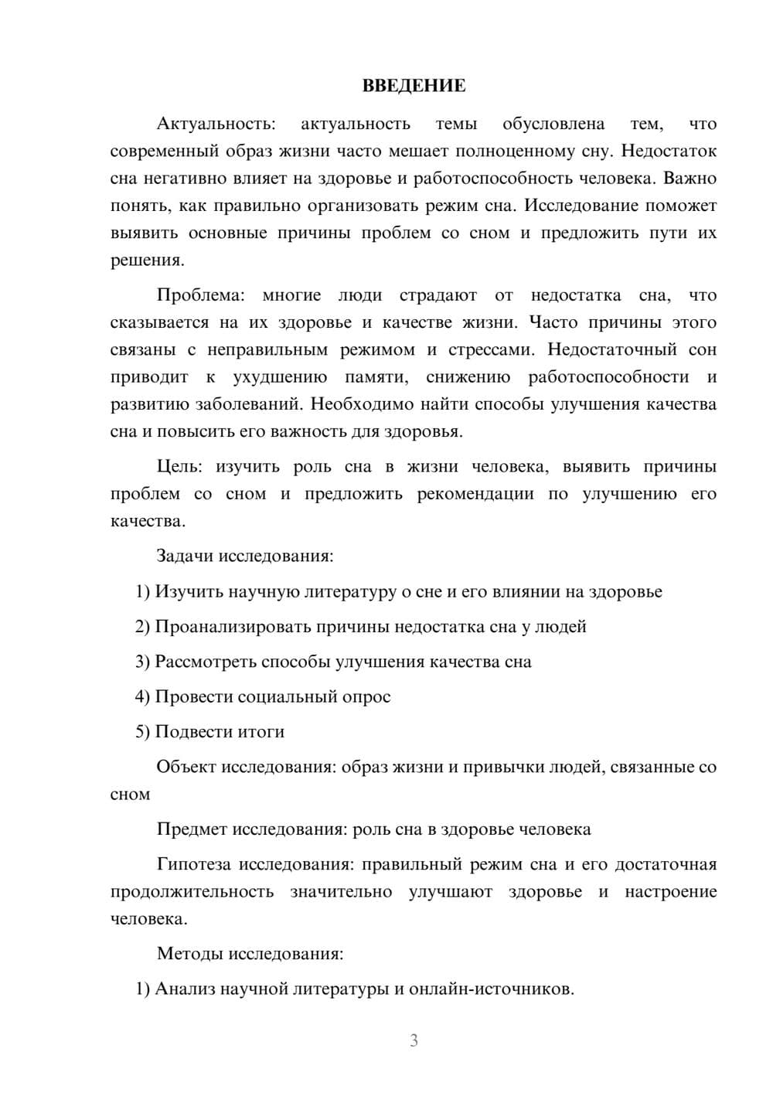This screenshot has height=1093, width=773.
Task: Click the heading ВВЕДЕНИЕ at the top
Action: pos(414,86)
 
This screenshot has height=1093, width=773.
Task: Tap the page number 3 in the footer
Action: pos(414,1040)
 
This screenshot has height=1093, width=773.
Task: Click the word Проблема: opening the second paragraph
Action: pos(200,295)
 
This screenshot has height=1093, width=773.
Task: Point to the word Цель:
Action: pos(179,467)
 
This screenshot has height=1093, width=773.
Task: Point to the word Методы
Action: pos(189,954)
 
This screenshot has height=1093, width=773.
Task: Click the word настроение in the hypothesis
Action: pos(670,892)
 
